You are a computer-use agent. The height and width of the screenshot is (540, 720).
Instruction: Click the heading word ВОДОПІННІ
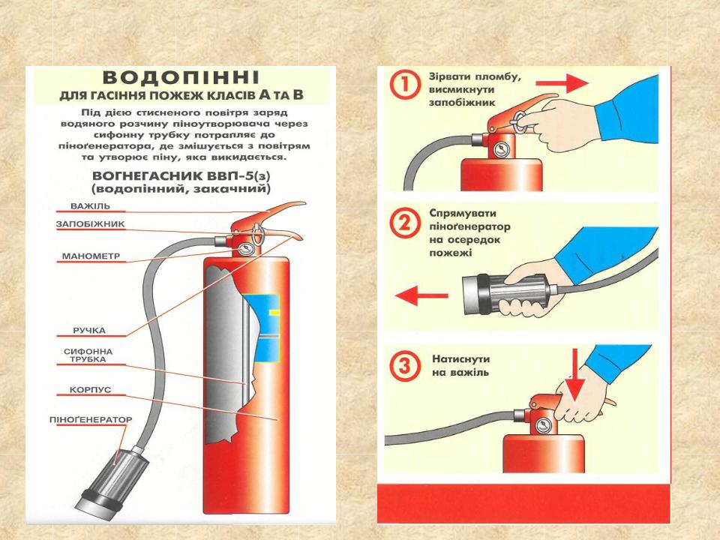(181, 79)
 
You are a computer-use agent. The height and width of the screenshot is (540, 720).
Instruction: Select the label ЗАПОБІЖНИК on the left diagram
(90, 224)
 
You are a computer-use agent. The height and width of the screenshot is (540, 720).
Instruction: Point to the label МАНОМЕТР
(90, 256)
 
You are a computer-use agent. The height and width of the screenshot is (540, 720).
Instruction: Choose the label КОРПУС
(90, 391)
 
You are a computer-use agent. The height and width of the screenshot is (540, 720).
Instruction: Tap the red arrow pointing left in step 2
(416, 297)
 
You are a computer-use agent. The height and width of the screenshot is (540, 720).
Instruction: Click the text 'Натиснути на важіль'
(460, 364)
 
